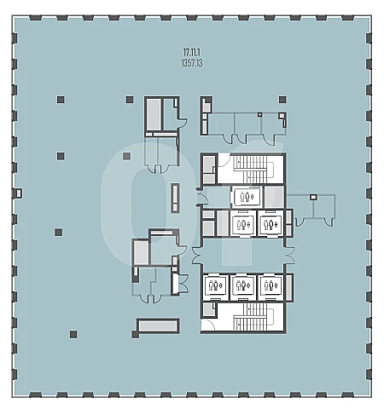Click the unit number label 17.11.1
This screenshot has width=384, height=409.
tap(192, 52)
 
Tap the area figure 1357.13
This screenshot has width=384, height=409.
tap(192, 63)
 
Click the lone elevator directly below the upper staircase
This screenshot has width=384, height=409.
tap(247, 197)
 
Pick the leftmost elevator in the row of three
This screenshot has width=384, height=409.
tap(215, 286)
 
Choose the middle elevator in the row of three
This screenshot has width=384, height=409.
tap(242, 286)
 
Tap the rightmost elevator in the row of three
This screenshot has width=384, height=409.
tap(270, 286)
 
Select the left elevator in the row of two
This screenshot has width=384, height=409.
tap(242, 224)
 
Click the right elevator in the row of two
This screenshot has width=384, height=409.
tap(270, 224)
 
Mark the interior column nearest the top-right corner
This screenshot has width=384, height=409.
tap(282, 100)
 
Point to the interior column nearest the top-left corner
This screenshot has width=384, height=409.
tap(61, 100)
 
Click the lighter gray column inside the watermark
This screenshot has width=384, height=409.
tap(126, 156)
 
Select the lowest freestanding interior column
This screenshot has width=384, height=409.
tap(73, 334)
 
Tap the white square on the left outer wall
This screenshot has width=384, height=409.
tap(19, 193)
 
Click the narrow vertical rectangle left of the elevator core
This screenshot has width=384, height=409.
tap(175, 198)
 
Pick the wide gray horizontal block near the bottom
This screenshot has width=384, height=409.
tap(158, 325)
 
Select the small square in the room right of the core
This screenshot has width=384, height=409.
tap(313, 197)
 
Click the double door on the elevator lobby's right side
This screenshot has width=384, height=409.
tap(289, 256)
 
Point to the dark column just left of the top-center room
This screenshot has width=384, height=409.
tap(130, 100)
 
